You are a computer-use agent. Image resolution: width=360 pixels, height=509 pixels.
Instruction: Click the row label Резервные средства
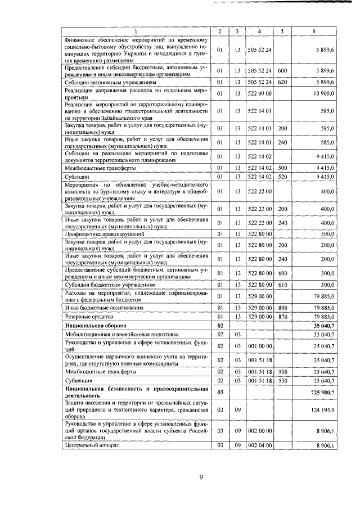(x=86, y=317)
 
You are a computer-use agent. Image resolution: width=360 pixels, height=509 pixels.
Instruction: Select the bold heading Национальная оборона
(x=95, y=326)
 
